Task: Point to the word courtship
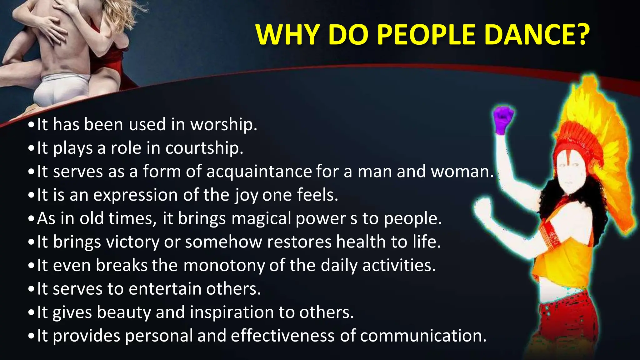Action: pyautogui.click(x=204, y=148)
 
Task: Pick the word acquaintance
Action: pyautogui.click(x=259, y=172)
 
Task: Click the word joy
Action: pyautogui.click(x=247, y=195)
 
